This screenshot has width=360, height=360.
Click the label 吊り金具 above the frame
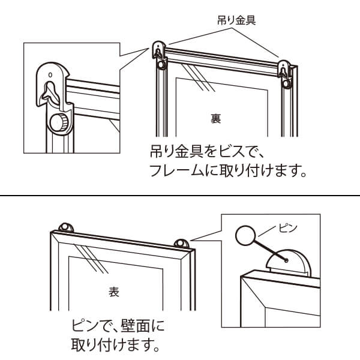pyautogui.click(x=236, y=20)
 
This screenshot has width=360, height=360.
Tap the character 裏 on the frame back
pyautogui.click(x=215, y=119)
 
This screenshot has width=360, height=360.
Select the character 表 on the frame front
pyautogui.click(x=114, y=292)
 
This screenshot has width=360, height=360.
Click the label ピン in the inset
pyautogui.click(x=288, y=228)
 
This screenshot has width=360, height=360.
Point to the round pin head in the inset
pyautogui.click(x=245, y=235)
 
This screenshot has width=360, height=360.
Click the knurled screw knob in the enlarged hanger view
pyautogui.click(x=59, y=123)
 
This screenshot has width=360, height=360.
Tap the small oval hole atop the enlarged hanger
pyautogui.click(x=50, y=75)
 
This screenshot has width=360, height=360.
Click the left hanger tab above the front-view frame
pyautogui.click(x=66, y=227)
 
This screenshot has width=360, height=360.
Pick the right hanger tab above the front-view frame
pyautogui.click(x=181, y=244)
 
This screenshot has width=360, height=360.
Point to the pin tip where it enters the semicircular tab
pyautogui.click(x=286, y=260)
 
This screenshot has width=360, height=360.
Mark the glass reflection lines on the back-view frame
pyautogui.click(x=199, y=77)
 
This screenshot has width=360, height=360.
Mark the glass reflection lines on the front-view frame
pyautogui.click(x=91, y=259)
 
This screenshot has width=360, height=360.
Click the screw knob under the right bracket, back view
pyautogui.click(x=287, y=83)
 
